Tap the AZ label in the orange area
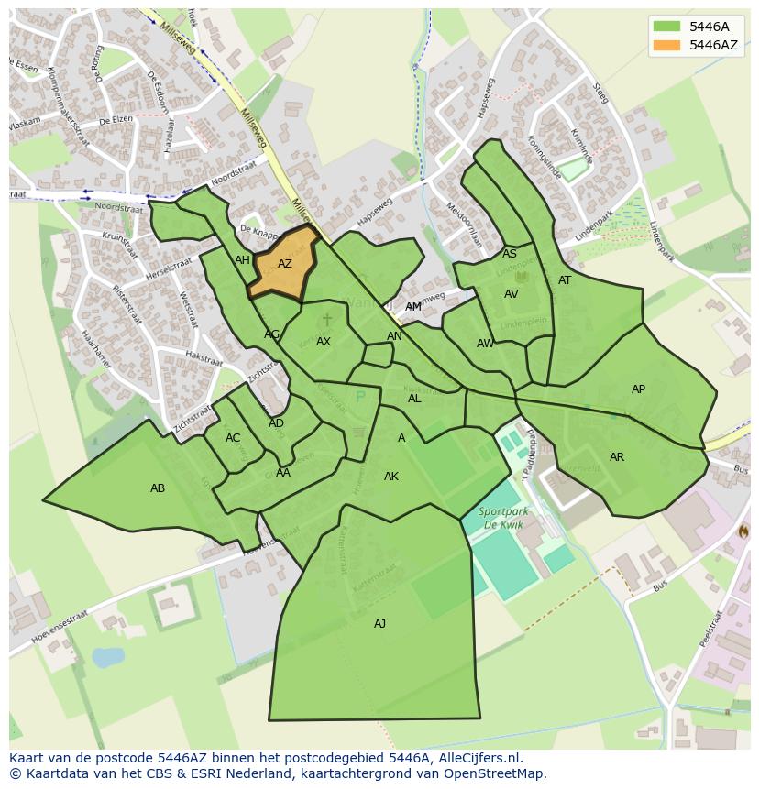(285, 264)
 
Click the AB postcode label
(158, 488)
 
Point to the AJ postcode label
(379, 624)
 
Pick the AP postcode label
(638, 389)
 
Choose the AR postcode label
(617, 457)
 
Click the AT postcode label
(565, 280)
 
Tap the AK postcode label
(391, 477)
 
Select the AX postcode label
(324, 342)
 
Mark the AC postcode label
(233, 438)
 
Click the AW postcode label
(485, 344)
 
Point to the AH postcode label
(242, 260)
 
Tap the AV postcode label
(511, 294)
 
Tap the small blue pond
(108, 657)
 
